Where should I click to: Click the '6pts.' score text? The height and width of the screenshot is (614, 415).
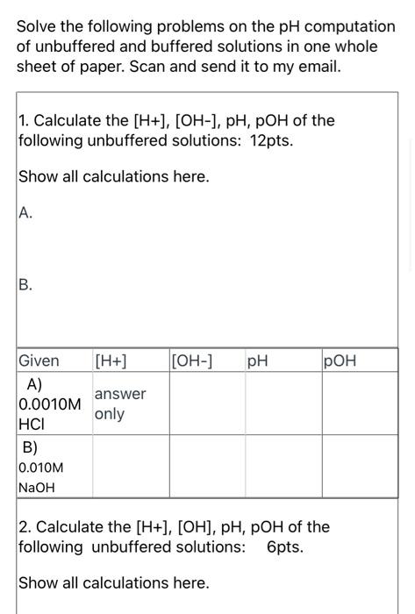point(285,546)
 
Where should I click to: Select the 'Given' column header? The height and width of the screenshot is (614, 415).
point(39,361)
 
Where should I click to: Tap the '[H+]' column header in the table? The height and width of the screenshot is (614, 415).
point(111,361)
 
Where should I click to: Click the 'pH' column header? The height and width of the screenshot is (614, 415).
point(258,361)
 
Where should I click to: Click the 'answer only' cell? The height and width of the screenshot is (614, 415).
point(119,404)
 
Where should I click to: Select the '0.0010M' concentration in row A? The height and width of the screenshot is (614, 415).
point(50,404)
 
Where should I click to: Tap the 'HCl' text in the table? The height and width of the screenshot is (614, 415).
point(30,424)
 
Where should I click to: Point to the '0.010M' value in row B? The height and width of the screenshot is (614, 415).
point(41,468)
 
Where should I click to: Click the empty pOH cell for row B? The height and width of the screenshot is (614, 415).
point(359,467)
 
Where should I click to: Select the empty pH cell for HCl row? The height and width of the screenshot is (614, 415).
point(283,404)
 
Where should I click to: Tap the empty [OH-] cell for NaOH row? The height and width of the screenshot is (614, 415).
point(207,467)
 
